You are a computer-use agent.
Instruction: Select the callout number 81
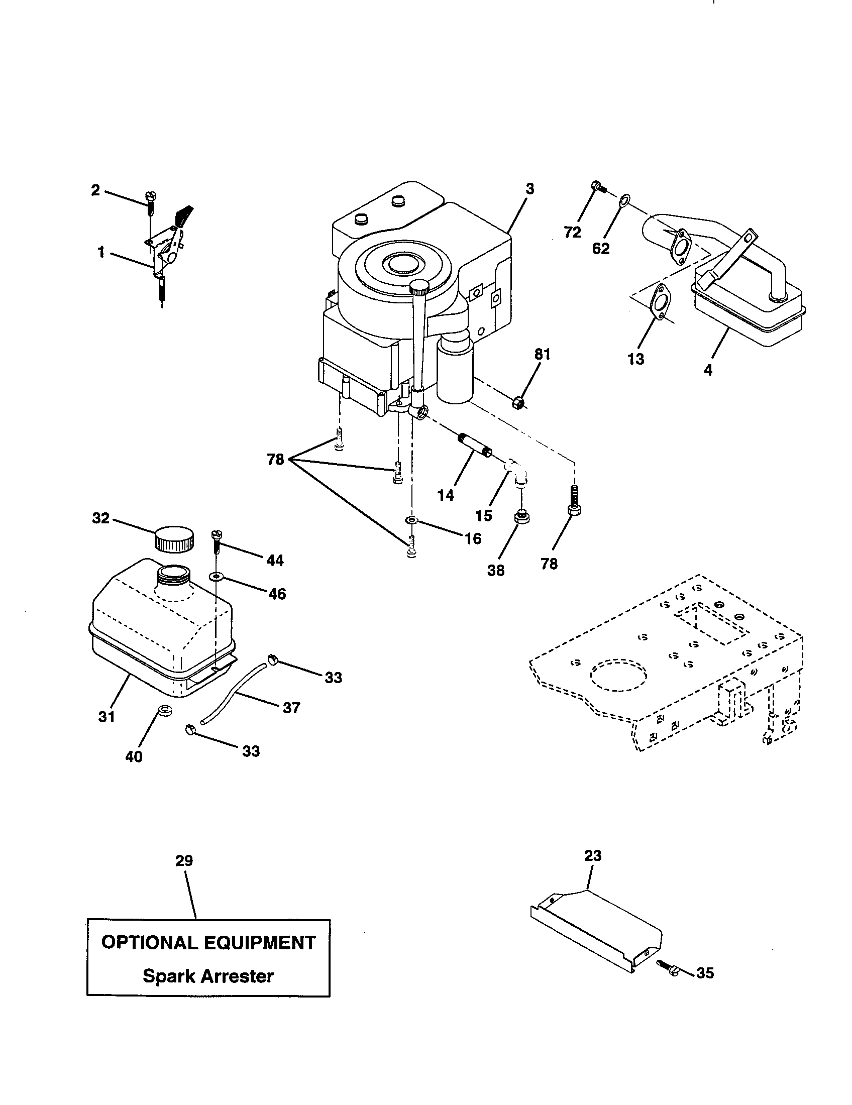tap(542, 355)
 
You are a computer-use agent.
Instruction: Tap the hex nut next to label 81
tap(518, 403)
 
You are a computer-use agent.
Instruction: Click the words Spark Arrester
tap(208, 975)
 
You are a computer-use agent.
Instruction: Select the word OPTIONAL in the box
tap(148, 943)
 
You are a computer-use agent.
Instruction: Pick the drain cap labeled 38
tap(520, 517)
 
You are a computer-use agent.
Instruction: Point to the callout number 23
tap(592, 856)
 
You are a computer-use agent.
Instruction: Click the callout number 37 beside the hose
tap(291, 707)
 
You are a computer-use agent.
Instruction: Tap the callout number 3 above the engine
tap(529, 189)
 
